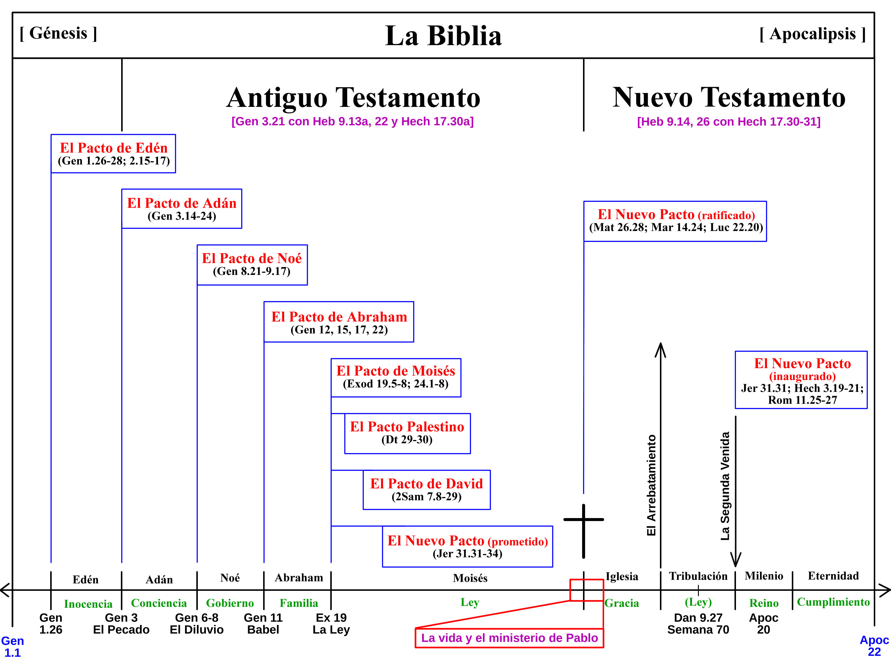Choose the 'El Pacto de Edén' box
[x=113, y=154]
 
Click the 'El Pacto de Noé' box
[x=252, y=265]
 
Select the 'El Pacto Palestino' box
[x=407, y=433]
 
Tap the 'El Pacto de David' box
[x=426, y=490]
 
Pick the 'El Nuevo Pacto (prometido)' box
[x=467, y=546]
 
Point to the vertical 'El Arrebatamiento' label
[x=651, y=485]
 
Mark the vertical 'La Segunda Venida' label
[x=725, y=486]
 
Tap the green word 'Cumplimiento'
[x=833, y=602]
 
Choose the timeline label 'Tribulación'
[x=698, y=576]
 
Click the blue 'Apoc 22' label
[x=874, y=646]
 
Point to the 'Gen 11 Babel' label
[x=263, y=623]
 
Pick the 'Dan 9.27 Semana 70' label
[x=698, y=623]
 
